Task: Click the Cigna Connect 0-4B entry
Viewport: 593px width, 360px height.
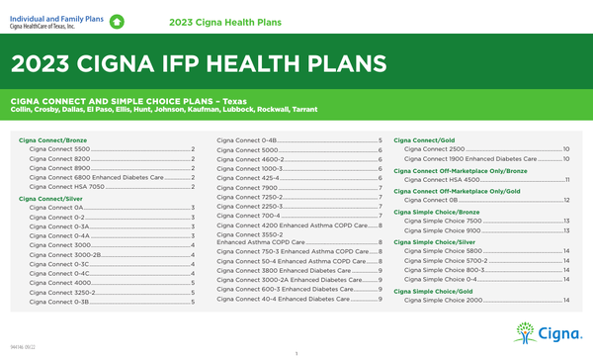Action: click(x=246, y=141)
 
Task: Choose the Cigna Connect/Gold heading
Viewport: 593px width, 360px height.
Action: click(x=423, y=141)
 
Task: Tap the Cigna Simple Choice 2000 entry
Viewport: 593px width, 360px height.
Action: click(x=444, y=300)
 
